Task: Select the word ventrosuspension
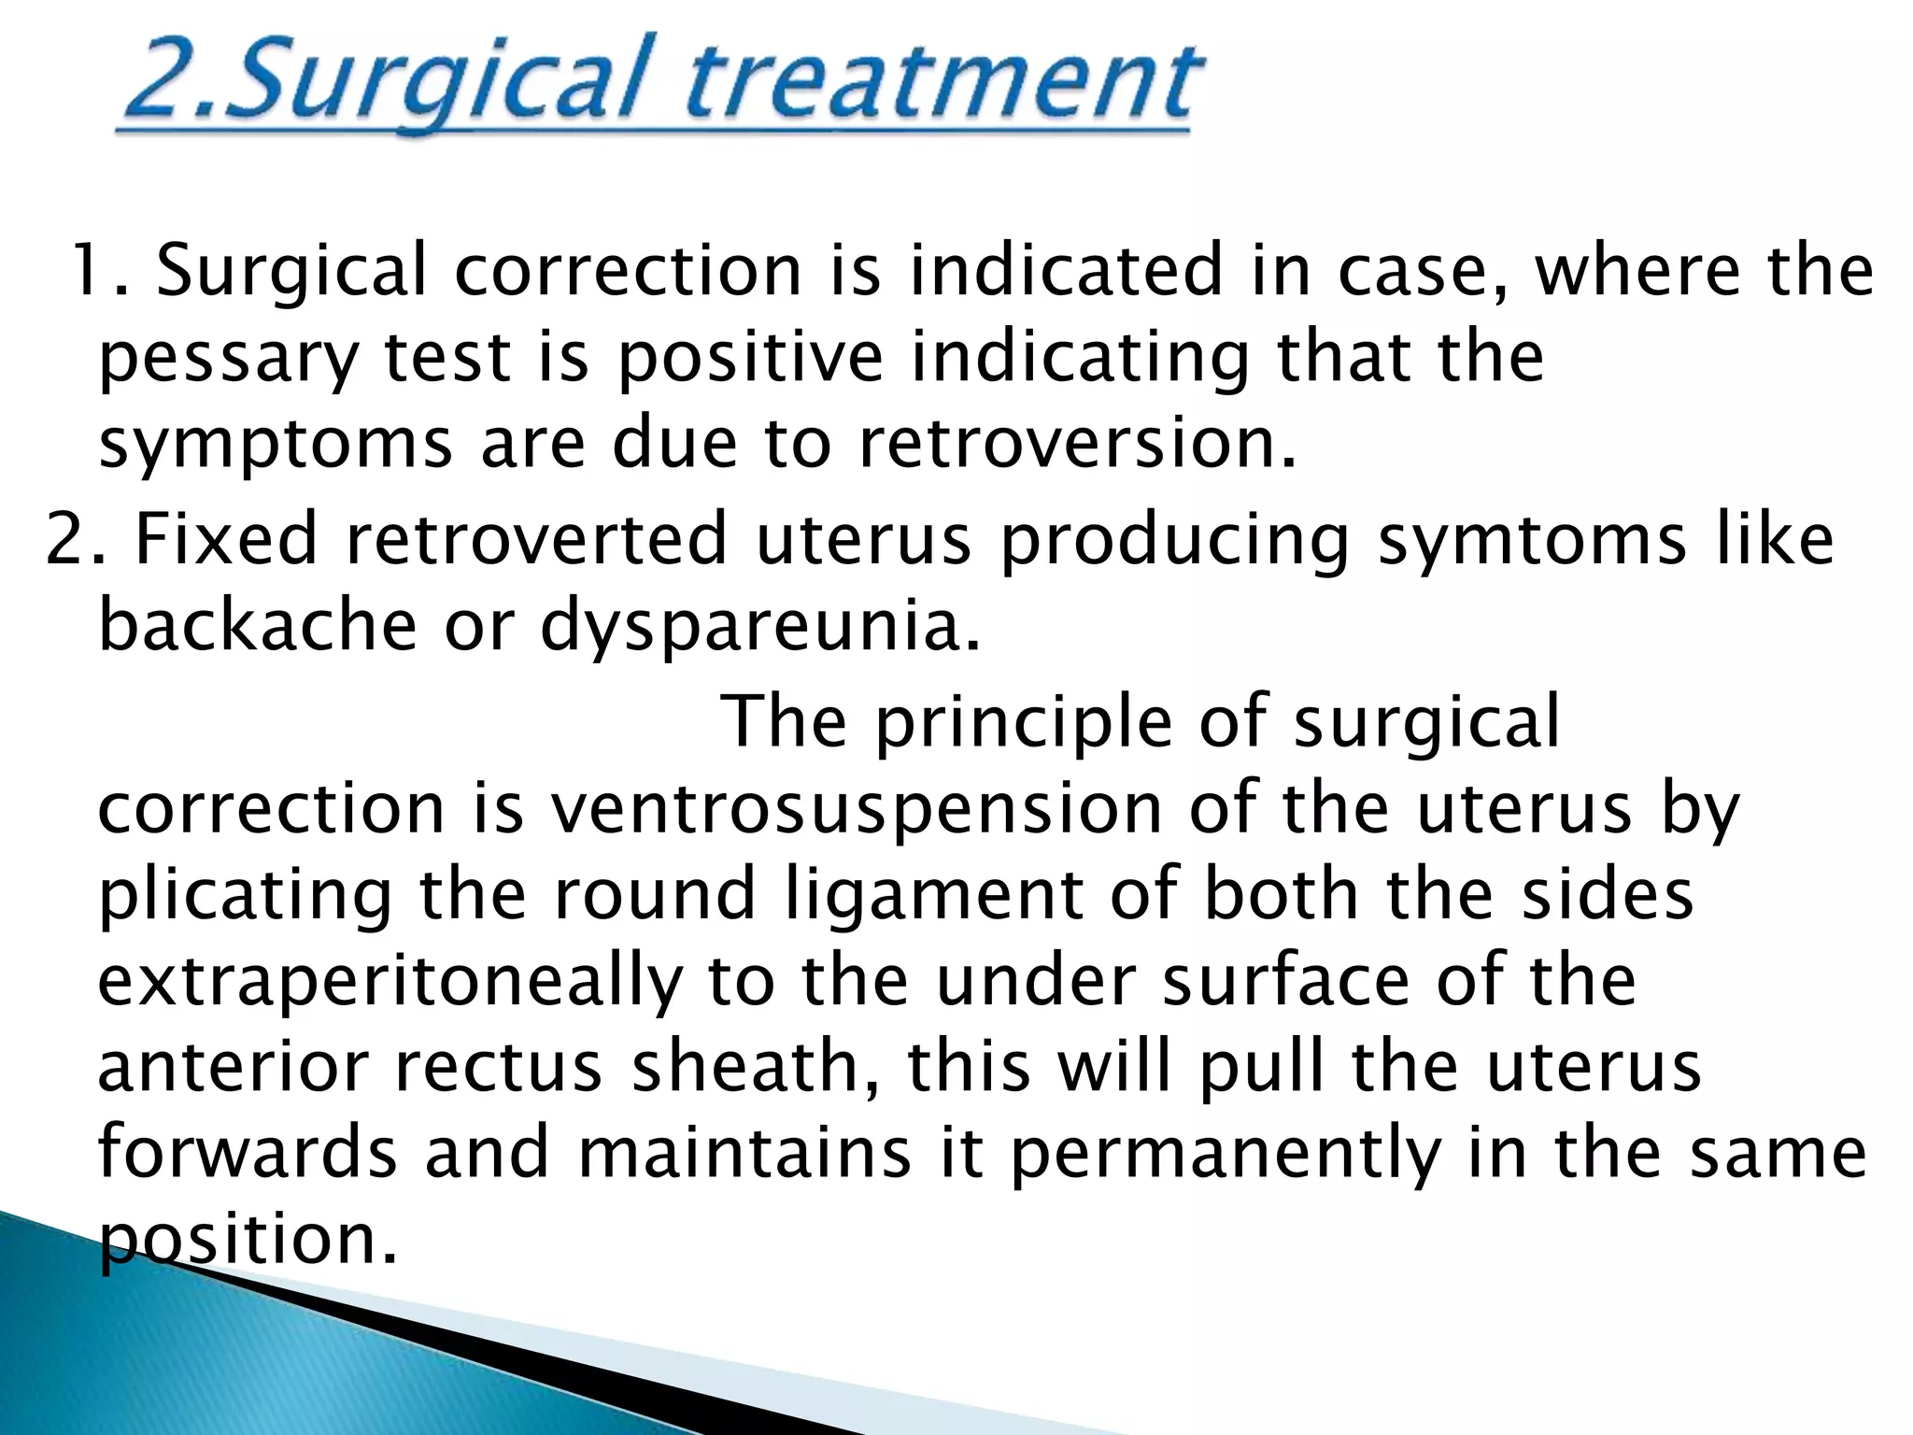point(855,809)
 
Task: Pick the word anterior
point(233,1067)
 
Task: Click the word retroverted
point(536,540)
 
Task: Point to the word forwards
point(248,1154)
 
